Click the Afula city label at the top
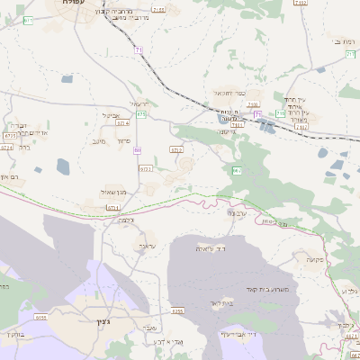coord(68,4)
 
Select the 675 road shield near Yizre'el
coord(142,114)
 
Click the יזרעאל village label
coord(139,104)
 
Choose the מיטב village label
coord(99,140)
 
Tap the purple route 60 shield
coord(138,150)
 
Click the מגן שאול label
coord(114,193)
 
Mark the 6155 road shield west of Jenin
coord(41,317)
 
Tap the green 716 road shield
coord(281,114)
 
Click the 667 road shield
coord(237,169)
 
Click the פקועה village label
coord(313,259)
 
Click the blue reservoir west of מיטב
coord(64,166)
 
